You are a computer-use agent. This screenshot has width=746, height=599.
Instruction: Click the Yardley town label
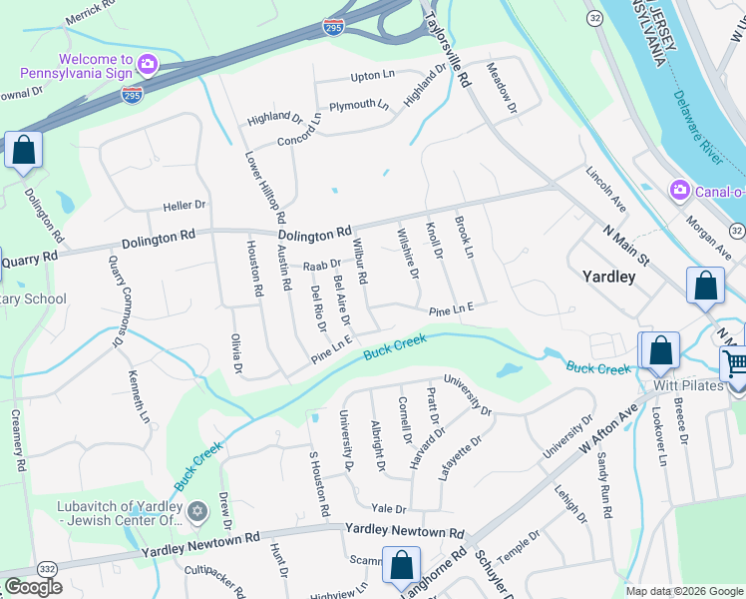(608, 277)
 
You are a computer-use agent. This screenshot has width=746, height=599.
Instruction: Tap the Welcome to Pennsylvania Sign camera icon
(148, 64)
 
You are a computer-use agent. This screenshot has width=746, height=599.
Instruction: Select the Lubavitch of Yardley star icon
(196, 512)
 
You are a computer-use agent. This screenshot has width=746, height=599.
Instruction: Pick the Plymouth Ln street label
(359, 105)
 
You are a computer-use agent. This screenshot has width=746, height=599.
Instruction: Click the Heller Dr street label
(185, 205)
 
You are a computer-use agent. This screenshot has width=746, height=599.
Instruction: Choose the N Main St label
(627, 245)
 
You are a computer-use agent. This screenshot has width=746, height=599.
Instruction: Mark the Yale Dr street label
(389, 508)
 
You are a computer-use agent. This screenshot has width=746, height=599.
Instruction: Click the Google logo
(33, 586)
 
